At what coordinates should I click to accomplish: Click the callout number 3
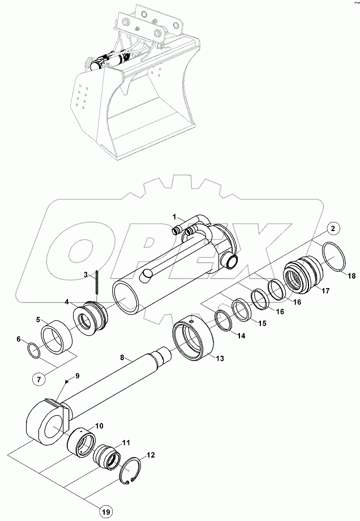click(85, 275)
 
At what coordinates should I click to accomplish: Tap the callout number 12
click(150, 454)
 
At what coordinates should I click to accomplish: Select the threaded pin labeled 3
click(97, 281)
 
